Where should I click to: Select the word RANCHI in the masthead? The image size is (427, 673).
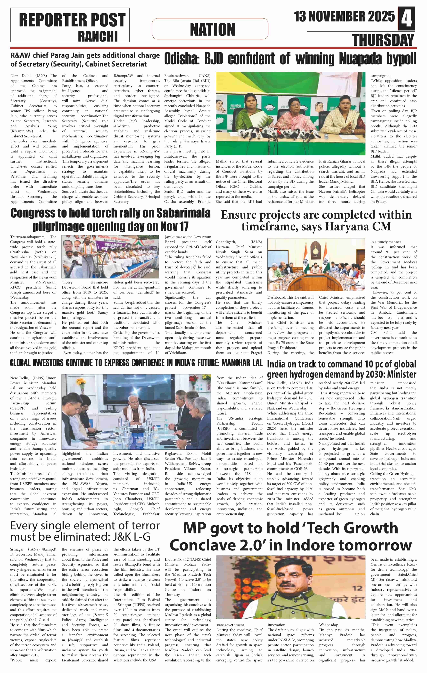pos(98,36)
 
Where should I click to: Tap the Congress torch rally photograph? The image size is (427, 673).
pos(111,256)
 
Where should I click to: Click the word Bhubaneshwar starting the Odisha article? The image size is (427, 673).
pos(176,76)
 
